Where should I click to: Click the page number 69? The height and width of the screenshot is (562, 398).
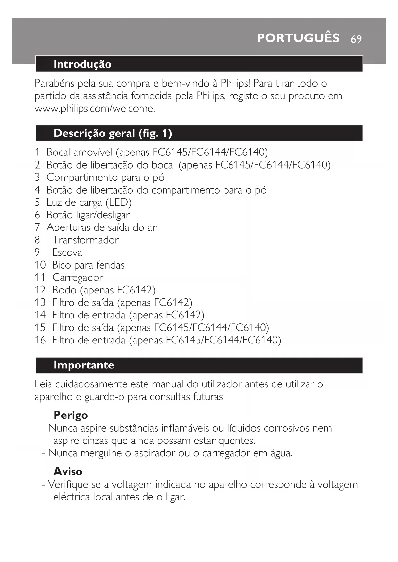point(356,39)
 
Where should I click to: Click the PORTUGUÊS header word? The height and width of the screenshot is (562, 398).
point(298,38)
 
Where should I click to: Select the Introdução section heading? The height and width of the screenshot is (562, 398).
point(82,64)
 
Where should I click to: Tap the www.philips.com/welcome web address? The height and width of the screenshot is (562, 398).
point(95,109)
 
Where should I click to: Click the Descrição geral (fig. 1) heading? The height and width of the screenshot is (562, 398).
point(113,133)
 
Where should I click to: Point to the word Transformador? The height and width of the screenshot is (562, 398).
point(85,240)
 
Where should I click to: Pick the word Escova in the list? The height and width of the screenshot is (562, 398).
point(67,252)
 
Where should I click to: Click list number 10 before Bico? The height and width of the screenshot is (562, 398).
point(40,265)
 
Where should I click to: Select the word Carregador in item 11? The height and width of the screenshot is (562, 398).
point(78,277)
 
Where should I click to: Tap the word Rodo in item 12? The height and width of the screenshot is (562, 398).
point(64,290)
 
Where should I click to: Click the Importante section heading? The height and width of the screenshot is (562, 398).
point(84,365)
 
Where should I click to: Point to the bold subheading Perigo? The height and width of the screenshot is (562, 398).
point(71,415)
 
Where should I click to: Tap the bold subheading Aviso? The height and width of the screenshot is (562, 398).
point(68,472)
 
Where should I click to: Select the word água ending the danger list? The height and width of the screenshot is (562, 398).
point(281,453)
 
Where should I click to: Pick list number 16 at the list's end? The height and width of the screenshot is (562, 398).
point(40,340)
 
